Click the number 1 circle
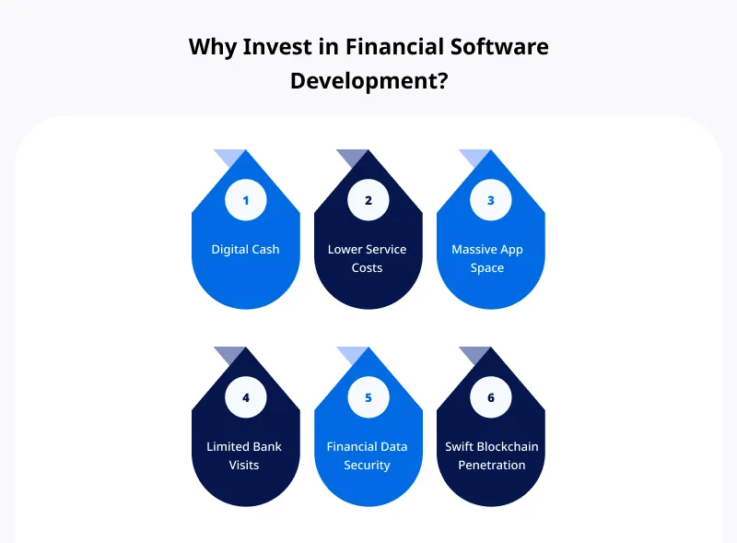(245, 200)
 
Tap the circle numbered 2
(368, 200)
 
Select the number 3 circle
(490, 200)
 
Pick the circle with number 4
(245, 397)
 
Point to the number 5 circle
(368, 397)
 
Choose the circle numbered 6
(490, 397)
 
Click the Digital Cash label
(245, 249)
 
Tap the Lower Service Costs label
(367, 258)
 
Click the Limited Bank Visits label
(244, 455)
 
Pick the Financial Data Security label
(367, 455)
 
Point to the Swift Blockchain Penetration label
(491, 455)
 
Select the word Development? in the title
(368, 80)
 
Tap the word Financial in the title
(387, 47)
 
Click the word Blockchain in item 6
(508, 446)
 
